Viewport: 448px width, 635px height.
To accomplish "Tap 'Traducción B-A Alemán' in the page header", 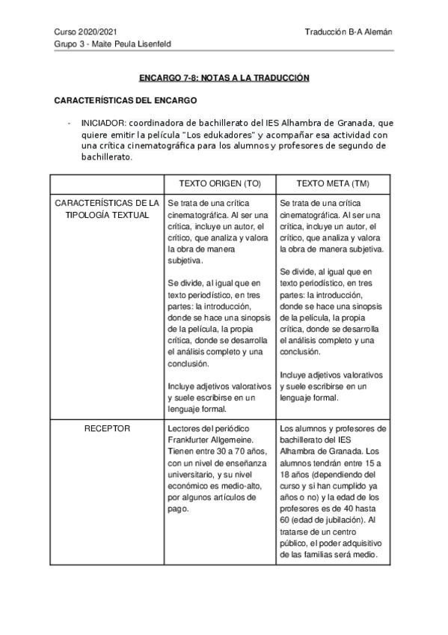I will (x=349, y=32).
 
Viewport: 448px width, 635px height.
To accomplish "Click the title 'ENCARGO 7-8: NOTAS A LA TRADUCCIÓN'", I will (x=224, y=78).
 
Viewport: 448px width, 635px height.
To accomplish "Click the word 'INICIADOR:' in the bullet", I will (x=104, y=123).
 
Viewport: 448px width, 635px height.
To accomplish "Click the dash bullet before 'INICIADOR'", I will (x=69, y=123).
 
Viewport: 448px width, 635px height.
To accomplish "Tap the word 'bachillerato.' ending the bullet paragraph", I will (x=106, y=158).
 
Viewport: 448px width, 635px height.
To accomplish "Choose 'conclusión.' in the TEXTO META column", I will (x=301, y=352).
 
